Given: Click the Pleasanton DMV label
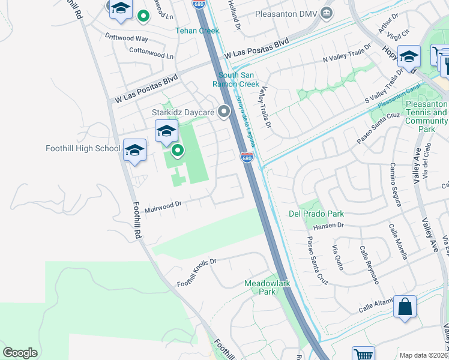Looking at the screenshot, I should [285, 13].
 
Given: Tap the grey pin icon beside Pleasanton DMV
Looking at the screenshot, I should [326, 13].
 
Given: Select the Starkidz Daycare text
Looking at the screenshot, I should [182, 112].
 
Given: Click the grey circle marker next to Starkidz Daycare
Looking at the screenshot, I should [224, 112].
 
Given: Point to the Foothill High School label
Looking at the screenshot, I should [83, 148].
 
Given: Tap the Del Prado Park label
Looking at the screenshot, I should [316, 214].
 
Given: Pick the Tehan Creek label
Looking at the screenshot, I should [197, 31].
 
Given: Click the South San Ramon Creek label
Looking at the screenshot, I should [239, 80].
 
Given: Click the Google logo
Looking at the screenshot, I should [20, 353].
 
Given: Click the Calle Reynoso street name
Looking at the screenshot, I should [369, 265].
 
